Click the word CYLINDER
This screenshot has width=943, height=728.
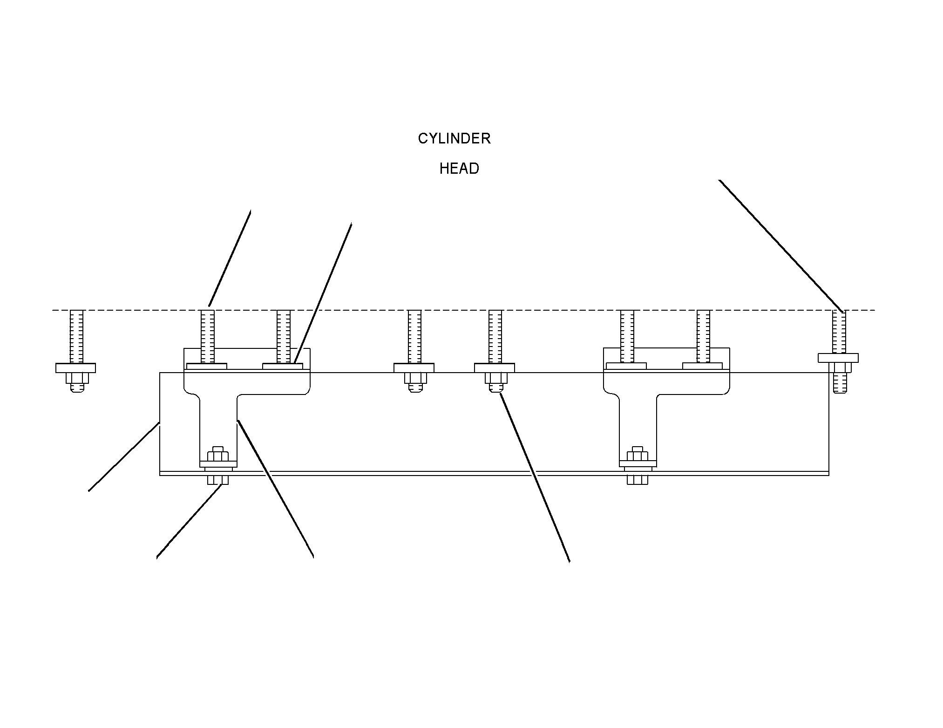tap(454, 138)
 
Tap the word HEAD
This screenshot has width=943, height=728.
tap(459, 169)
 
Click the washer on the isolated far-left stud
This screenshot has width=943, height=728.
tap(75, 368)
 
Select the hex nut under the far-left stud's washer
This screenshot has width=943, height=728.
tap(77, 378)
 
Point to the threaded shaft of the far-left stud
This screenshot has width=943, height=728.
tap(76, 337)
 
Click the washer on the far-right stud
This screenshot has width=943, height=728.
tap(838, 358)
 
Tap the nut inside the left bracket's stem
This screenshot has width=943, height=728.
tap(217, 455)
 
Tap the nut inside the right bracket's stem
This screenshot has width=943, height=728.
tap(637, 455)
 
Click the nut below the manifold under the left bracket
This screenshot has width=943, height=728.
tap(217, 480)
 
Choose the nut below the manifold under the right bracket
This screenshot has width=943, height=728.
tap(637, 480)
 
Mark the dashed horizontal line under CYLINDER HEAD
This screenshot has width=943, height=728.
tap(464, 310)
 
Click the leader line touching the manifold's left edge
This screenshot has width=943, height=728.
tap(124, 456)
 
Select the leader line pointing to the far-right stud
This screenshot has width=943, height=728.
tap(781, 245)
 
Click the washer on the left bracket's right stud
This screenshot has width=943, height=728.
tap(283, 367)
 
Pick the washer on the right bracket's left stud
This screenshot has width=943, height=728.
tap(626, 367)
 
